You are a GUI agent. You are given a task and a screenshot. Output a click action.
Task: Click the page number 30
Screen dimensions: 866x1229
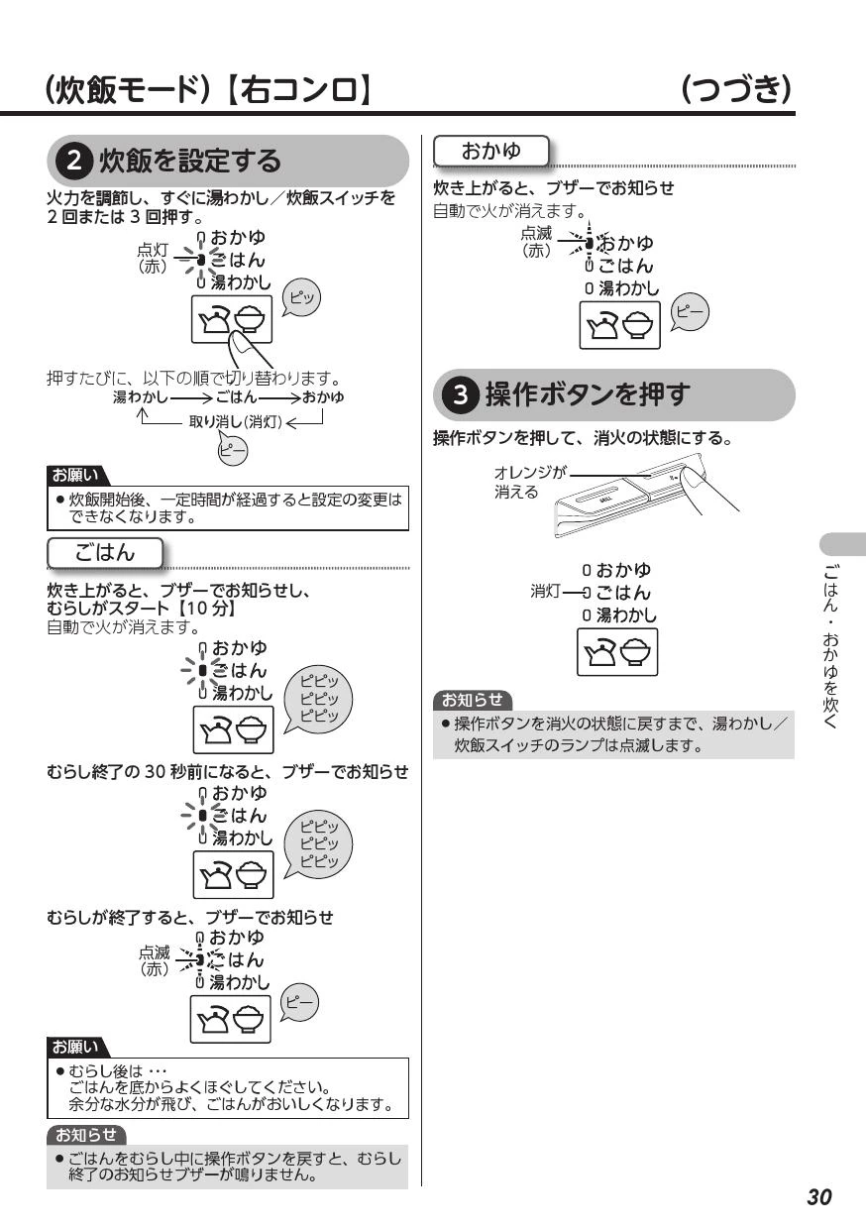pos(819,1196)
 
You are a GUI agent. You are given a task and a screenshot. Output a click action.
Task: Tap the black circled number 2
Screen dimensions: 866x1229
pos(74,162)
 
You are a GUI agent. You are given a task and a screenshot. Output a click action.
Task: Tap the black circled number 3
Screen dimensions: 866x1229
pos(461,394)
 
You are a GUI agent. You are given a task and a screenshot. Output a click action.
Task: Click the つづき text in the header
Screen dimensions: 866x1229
pos(736,89)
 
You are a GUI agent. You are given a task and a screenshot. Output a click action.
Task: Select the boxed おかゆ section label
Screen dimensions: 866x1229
pos(491,151)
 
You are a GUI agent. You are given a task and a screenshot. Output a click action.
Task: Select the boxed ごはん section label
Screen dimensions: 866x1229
pos(105,552)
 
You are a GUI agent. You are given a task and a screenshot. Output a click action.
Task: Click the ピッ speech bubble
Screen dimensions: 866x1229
pos(301,298)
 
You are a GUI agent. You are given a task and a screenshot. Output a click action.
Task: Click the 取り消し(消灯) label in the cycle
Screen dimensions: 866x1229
pos(235,421)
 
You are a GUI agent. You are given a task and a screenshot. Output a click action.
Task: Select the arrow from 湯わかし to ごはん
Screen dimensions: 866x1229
pos(191,397)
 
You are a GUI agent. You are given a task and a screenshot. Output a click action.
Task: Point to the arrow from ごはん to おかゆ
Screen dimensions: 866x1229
pos(279,397)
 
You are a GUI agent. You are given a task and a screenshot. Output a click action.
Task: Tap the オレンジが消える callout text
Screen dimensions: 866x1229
pos(529,482)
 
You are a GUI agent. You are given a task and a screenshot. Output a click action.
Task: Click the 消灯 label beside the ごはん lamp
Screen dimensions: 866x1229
pos(545,592)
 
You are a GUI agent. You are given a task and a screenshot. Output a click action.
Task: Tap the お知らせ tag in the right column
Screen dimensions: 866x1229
pos(473,700)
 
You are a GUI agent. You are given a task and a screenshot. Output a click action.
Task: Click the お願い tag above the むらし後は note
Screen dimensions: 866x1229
pos(76,1048)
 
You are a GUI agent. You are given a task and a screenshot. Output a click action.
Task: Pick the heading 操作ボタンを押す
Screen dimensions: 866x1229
pos(587,394)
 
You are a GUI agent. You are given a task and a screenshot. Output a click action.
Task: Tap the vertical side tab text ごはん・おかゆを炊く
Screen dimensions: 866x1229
pos(830,647)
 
